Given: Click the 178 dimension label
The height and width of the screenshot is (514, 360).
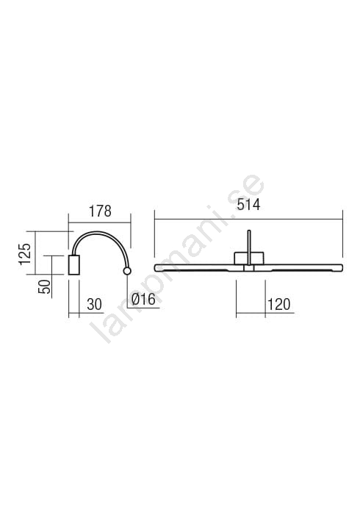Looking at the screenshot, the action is (101, 211).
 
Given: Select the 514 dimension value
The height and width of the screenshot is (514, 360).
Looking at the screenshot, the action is (248, 205).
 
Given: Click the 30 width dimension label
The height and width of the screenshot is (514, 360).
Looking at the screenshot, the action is (95, 305).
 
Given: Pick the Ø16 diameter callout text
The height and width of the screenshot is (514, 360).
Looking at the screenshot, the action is (143, 300).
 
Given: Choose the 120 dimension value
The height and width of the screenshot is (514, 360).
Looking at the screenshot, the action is (279, 305).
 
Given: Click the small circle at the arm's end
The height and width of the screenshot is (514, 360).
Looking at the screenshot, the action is (127, 271).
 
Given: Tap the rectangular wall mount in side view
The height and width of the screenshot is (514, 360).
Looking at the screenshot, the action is (73, 265).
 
